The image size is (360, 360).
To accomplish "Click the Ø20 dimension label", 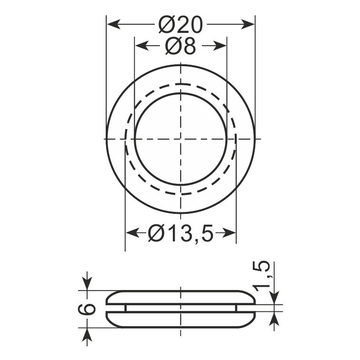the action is pos(180,24).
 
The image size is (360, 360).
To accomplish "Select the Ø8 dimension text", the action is pos(180,46).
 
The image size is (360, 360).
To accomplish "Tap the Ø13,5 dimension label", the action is pos(180,233).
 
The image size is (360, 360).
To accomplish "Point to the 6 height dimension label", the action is pos(87,309).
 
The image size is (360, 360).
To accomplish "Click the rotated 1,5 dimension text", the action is pos(260,276).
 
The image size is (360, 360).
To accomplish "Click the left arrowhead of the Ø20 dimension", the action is pos(114,24).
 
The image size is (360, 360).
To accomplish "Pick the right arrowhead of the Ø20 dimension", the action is pos(248,24).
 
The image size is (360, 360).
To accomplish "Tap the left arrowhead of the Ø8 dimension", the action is pos(141,46).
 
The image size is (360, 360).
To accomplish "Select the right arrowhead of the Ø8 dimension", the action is pos(220,46).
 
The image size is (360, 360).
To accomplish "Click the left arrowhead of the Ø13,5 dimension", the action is pos(132,233).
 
